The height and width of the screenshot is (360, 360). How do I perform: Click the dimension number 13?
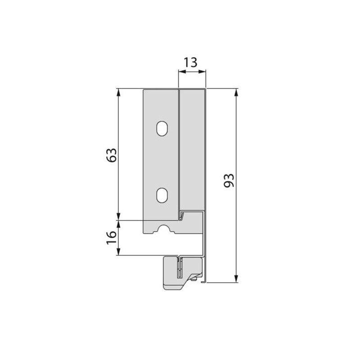[190, 63]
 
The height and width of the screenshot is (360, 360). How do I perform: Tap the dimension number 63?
[112, 155]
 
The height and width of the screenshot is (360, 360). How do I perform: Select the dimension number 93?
[229, 180]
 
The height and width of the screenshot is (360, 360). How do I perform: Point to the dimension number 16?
[112, 238]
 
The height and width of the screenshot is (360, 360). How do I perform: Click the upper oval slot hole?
[162, 128]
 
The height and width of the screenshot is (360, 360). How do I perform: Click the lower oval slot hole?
[162, 195]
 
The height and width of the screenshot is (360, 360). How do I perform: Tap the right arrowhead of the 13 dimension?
[202, 72]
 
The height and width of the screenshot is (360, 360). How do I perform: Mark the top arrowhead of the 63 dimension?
[118, 92]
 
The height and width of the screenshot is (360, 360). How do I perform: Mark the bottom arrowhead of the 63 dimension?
[118, 216]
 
